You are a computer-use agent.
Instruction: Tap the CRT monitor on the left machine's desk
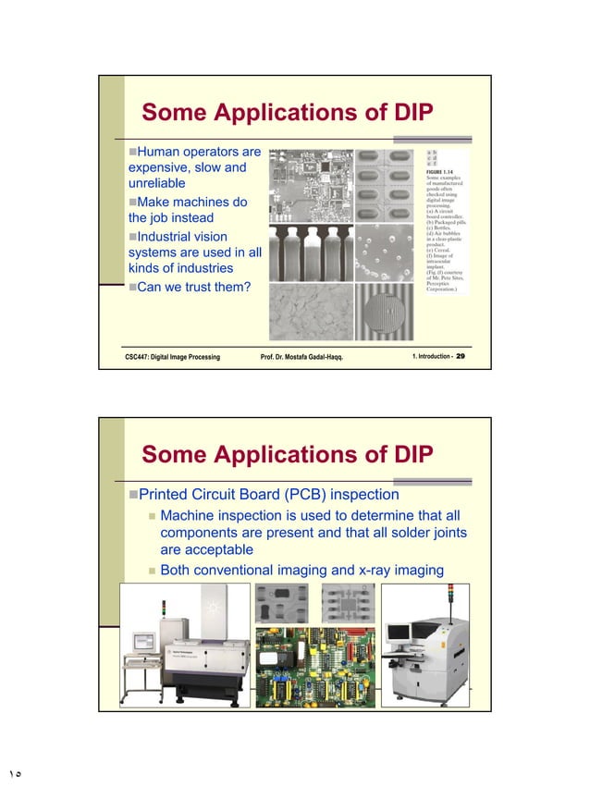[145, 641]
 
